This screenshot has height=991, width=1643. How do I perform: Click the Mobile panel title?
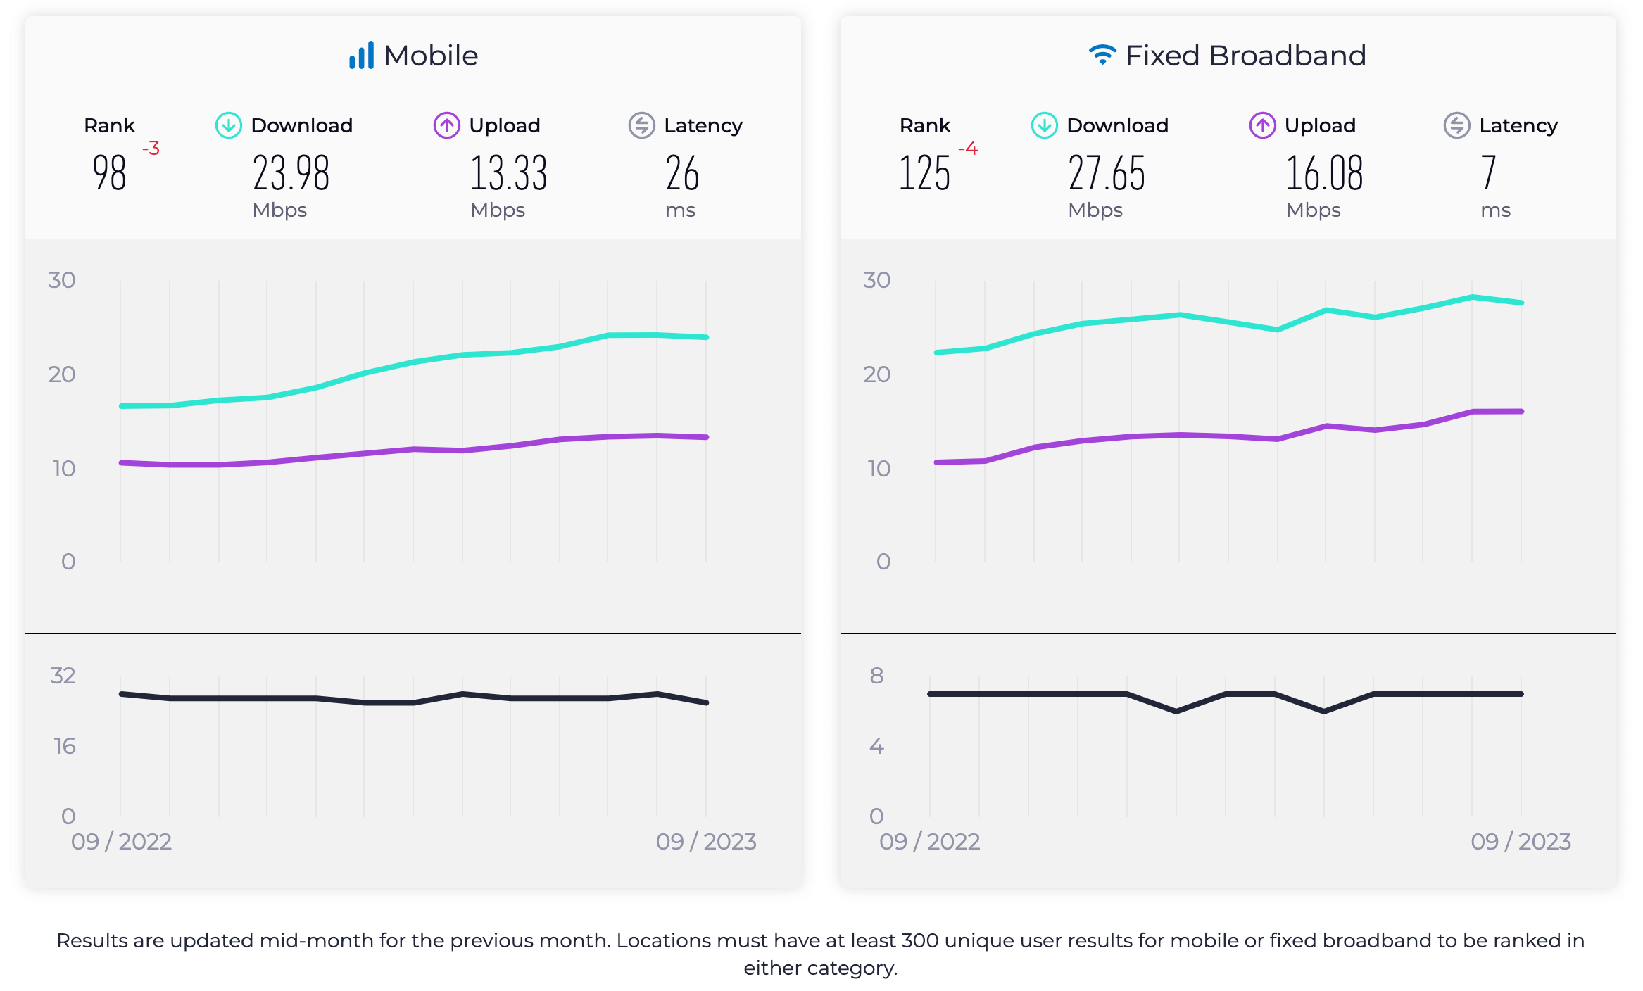tap(430, 56)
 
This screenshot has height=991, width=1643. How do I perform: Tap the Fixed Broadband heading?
tap(1245, 56)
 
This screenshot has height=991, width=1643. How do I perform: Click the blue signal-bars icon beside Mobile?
tap(361, 56)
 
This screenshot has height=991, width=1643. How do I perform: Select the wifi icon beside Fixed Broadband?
tap(1102, 55)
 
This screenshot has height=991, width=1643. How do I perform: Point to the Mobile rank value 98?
tap(109, 173)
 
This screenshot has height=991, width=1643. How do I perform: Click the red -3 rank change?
tap(151, 149)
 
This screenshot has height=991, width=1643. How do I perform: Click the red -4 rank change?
tap(968, 149)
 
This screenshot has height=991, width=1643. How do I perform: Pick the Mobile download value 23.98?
tap(291, 173)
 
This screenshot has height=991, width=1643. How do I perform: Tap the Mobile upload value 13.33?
tap(508, 173)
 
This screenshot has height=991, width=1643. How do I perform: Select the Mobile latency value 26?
tap(682, 173)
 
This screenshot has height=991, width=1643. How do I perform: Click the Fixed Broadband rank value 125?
tap(924, 173)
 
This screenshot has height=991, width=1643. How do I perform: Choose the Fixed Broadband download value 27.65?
tap(1106, 173)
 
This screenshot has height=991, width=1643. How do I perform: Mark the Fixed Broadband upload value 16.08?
tap(1324, 173)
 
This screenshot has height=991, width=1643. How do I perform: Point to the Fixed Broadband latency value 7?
tap(1488, 173)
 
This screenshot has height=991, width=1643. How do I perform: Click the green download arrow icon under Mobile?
tap(228, 125)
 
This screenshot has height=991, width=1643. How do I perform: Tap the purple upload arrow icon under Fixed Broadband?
tap(1262, 125)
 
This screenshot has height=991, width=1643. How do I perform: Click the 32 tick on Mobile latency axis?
tap(63, 676)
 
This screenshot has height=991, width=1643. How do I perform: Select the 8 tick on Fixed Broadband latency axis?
tap(876, 676)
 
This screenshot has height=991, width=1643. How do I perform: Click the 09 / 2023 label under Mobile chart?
tap(705, 842)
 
